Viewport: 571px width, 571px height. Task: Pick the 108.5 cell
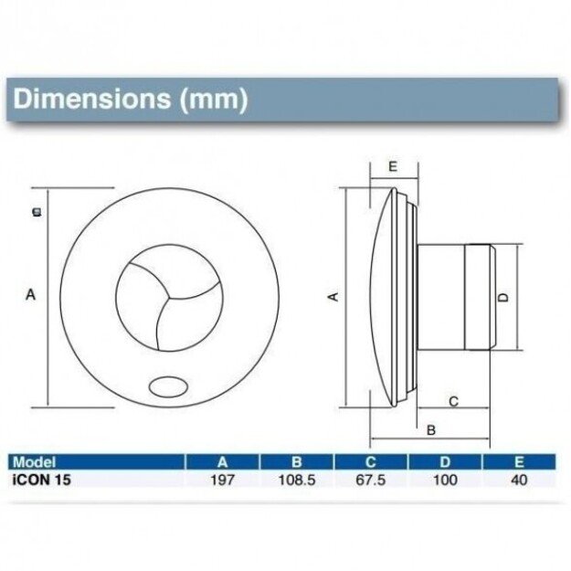coord(297,479)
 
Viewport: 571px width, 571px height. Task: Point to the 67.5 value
coord(373,479)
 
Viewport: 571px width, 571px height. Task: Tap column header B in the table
coord(297,462)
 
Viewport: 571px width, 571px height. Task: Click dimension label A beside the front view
coord(30,294)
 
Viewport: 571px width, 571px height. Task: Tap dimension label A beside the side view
coord(333,296)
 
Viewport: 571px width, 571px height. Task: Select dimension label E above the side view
coord(391,166)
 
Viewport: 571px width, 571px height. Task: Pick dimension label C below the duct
coord(453,401)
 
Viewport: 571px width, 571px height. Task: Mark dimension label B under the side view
coord(431,428)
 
